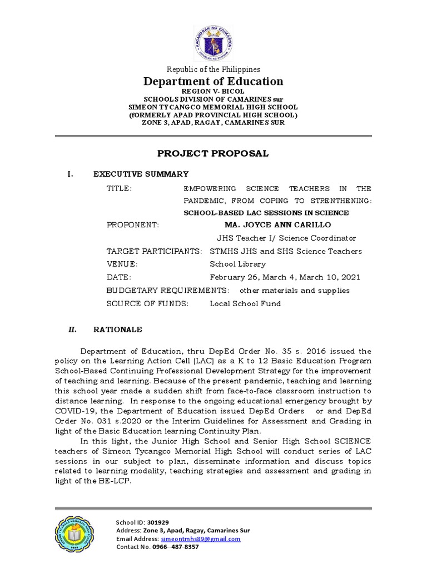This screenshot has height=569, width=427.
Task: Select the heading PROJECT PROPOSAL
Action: click(213, 153)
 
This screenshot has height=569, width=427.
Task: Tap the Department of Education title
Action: click(213, 81)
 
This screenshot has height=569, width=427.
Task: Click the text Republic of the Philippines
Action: click(213, 69)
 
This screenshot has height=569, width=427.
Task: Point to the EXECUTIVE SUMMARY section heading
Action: click(141, 174)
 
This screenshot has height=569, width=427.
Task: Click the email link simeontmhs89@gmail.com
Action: click(201, 539)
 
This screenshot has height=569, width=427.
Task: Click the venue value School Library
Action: click(237, 264)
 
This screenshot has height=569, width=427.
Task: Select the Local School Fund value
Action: click(245, 303)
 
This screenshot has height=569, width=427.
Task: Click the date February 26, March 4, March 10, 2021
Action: click(285, 277)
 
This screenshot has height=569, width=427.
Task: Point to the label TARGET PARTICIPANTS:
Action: click(154, 251)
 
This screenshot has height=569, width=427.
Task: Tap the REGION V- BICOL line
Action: click(213, 91)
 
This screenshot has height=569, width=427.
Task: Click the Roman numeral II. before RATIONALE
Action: click(72, 330)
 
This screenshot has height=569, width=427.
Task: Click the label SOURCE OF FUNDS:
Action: click(147, 303)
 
